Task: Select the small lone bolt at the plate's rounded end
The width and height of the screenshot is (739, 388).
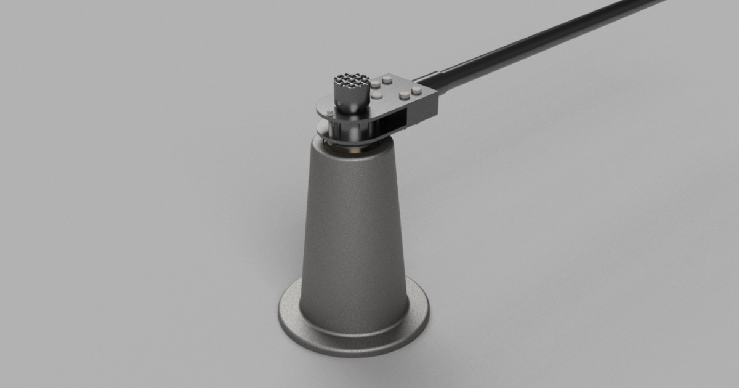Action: (331, 113)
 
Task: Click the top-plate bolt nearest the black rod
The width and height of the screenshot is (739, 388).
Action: (417, 90)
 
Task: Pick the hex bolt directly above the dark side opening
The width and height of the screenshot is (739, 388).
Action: (405, 95)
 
